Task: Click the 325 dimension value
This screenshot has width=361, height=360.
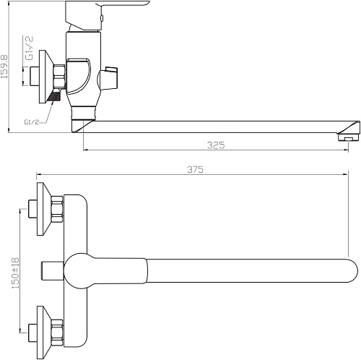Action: click(x=216, y=145)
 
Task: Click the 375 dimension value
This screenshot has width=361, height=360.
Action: click(x=195, y=170)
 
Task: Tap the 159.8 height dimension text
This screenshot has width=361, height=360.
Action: click(x=4, y=67)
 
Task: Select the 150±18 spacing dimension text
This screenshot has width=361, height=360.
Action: click(x=15, y=273)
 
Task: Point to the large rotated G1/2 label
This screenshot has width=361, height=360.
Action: click(x=30, y=48)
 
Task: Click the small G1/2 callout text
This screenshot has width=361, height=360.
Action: click(x=31, y=122)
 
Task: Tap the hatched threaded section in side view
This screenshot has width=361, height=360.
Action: click(x=55, y=95)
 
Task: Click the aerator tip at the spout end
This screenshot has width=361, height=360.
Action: click(x=349, y=137)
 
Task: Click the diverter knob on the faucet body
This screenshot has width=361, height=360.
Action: click(x=108, y=78)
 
